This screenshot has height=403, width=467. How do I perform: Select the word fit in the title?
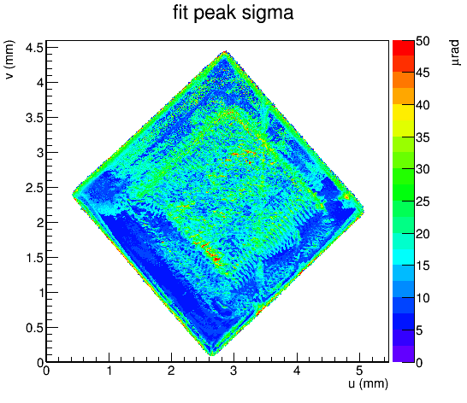click(180, 13)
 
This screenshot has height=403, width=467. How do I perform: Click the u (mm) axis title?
click(368, 383)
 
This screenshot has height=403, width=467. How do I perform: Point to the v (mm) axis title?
click(9, 60)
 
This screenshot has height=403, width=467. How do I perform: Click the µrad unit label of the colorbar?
click(455, 53)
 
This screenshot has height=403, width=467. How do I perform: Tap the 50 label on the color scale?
click(423, 41)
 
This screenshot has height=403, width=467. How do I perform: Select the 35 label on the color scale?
click(423, 137)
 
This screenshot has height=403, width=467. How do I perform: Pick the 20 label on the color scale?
click(423, 234)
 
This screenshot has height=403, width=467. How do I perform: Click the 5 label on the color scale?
click(419, 330)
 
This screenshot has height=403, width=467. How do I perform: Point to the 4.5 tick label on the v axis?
click(34, 47)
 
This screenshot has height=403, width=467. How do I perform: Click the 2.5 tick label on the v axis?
click(34, 188)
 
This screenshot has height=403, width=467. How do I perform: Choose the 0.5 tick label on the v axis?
click(34, 328)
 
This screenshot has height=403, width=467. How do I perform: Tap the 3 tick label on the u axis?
click(233, 371)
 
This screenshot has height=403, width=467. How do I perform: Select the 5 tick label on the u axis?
click(359, 371)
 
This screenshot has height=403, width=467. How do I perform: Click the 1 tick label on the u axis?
click(109, 371)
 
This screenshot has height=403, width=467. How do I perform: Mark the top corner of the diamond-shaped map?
click(226, 51)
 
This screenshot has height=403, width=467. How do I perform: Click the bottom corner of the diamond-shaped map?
click(212, 355)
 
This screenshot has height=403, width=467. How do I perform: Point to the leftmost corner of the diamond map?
click(73, 195)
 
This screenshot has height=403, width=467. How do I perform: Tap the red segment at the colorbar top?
click(404, 48)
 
